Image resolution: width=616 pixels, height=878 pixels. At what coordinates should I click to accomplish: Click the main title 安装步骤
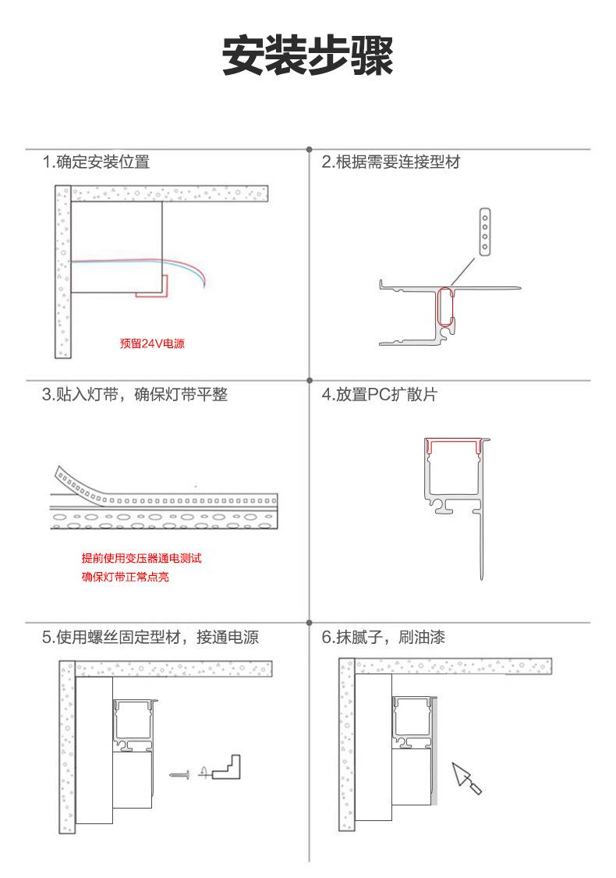pos(308,56)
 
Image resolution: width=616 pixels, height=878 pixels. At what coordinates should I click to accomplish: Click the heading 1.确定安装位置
pos(96,162)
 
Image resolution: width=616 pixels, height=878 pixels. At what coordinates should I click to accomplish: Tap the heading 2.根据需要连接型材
pos(391,162)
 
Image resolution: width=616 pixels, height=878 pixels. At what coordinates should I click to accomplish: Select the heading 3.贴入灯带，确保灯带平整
pos(135,394)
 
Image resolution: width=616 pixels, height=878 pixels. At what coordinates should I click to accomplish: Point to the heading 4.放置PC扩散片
pos(379,394)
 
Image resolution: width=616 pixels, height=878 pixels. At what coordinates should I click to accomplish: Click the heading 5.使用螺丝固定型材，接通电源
pos(150,637)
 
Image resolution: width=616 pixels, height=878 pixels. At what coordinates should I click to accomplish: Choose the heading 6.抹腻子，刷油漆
pos(384,637)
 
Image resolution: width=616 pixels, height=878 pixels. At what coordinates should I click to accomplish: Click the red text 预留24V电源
pos(152,343)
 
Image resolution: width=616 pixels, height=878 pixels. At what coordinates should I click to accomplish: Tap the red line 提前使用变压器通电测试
pos(142,558)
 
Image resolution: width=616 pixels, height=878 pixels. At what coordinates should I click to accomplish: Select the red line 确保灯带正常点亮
pos(126,577)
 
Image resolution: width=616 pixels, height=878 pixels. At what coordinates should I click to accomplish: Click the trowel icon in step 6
pos(466,778)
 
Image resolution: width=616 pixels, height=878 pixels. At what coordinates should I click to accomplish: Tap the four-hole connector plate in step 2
pos(485,232)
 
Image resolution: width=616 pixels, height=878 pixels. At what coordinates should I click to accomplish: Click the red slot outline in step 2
pos(444,307)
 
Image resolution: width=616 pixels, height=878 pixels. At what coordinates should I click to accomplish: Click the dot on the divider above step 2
pos(310,150)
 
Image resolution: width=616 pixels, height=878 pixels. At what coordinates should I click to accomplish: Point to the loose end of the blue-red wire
pos(205,286)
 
